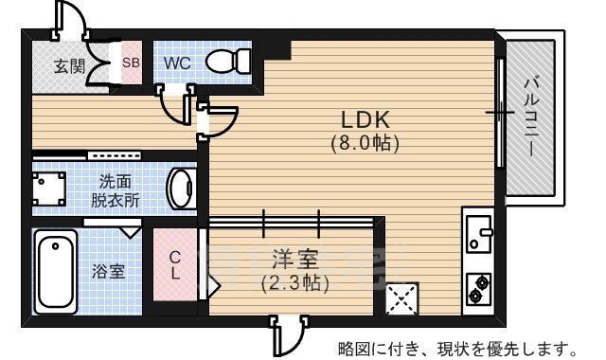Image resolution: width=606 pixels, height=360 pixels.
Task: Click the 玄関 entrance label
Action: (69, 66)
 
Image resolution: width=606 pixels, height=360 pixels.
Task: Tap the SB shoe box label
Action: (131, 63)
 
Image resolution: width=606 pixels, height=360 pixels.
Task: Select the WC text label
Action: (178, 63)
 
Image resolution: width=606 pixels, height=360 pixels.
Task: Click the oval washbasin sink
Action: (179, 189)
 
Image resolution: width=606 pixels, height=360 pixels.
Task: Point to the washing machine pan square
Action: (49, 189)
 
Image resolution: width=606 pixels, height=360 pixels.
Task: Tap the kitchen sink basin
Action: (478, 231)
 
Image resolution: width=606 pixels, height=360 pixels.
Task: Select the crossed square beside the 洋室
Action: (401, 300)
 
